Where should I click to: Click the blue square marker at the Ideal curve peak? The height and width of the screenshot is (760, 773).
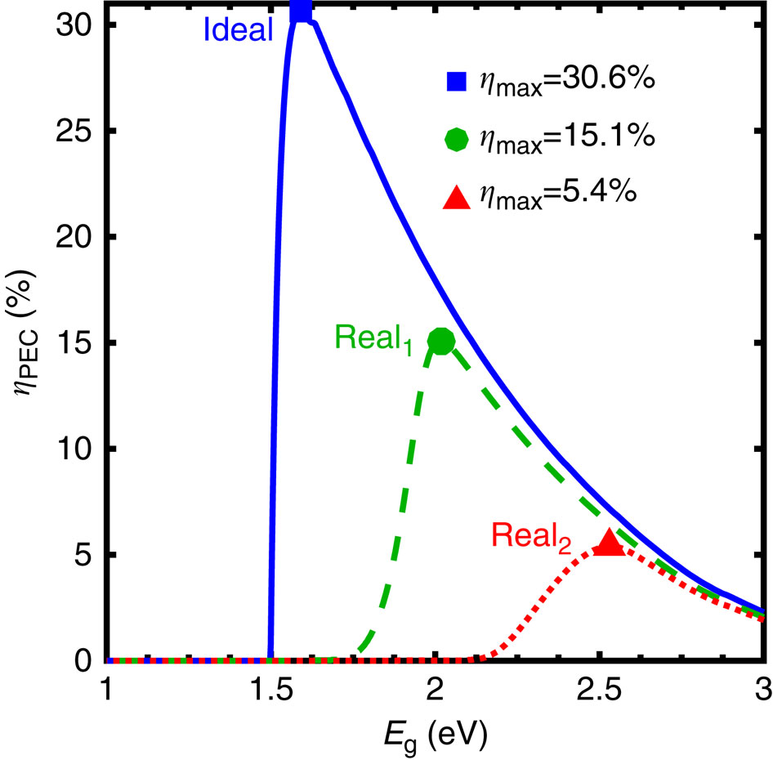coord(302,11)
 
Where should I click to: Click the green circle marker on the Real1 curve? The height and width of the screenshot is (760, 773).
coord(441,341)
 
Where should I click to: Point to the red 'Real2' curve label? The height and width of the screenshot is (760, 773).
coord(532,537)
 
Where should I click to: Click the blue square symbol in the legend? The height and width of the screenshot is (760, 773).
coord(456,82)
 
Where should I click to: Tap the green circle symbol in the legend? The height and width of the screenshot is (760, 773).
coord(456,138)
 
